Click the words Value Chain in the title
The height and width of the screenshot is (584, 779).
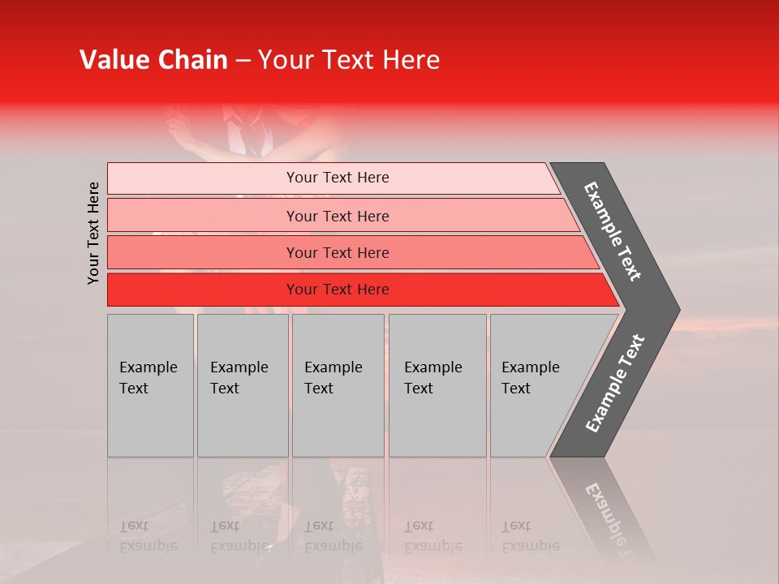click(153, 60)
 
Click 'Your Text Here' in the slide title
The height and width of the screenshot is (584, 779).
click(349, 60)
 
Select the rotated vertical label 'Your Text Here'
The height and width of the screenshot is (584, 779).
click(93, 233)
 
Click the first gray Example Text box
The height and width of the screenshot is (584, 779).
click(150, 385)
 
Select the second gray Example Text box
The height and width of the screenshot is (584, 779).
click(242, 385)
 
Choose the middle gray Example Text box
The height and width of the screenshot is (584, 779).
click(338, 385)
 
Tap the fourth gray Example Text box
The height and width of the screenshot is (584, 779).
click(437, 385)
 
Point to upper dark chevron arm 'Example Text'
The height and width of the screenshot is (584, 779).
click(613, 231)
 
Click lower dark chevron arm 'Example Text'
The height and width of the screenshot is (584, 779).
click(615, 384)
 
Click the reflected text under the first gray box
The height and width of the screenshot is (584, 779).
click(148, 536)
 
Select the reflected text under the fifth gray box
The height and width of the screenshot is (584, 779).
click(530, 536)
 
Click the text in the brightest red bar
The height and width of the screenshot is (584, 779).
click(338, 290)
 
